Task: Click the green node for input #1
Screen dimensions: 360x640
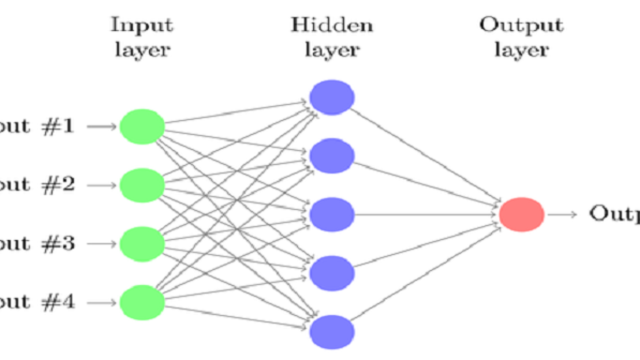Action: pos(142,127)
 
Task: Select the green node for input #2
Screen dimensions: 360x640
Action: pos(142,185)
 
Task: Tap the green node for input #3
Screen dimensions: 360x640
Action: pos(142,244)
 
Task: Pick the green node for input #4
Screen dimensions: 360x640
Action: pos(142,302)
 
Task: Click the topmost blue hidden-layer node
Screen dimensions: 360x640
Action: pos(332,97)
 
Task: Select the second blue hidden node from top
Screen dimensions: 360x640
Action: pos(332,156)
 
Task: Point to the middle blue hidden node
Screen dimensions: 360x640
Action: pos(332,214)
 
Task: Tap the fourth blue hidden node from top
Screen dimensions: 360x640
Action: pos(332,273)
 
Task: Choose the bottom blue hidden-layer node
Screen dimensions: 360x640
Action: pos(332,331)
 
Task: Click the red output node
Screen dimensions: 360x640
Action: pos(521,214)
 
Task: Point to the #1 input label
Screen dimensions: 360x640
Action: pos(61,127)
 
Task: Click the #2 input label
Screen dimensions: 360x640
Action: pos(61,185)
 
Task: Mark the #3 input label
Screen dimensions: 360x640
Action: pos(61,244)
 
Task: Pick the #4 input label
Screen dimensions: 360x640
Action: pos(61,302)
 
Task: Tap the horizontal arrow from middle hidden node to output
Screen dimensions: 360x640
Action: pos(425,214)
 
